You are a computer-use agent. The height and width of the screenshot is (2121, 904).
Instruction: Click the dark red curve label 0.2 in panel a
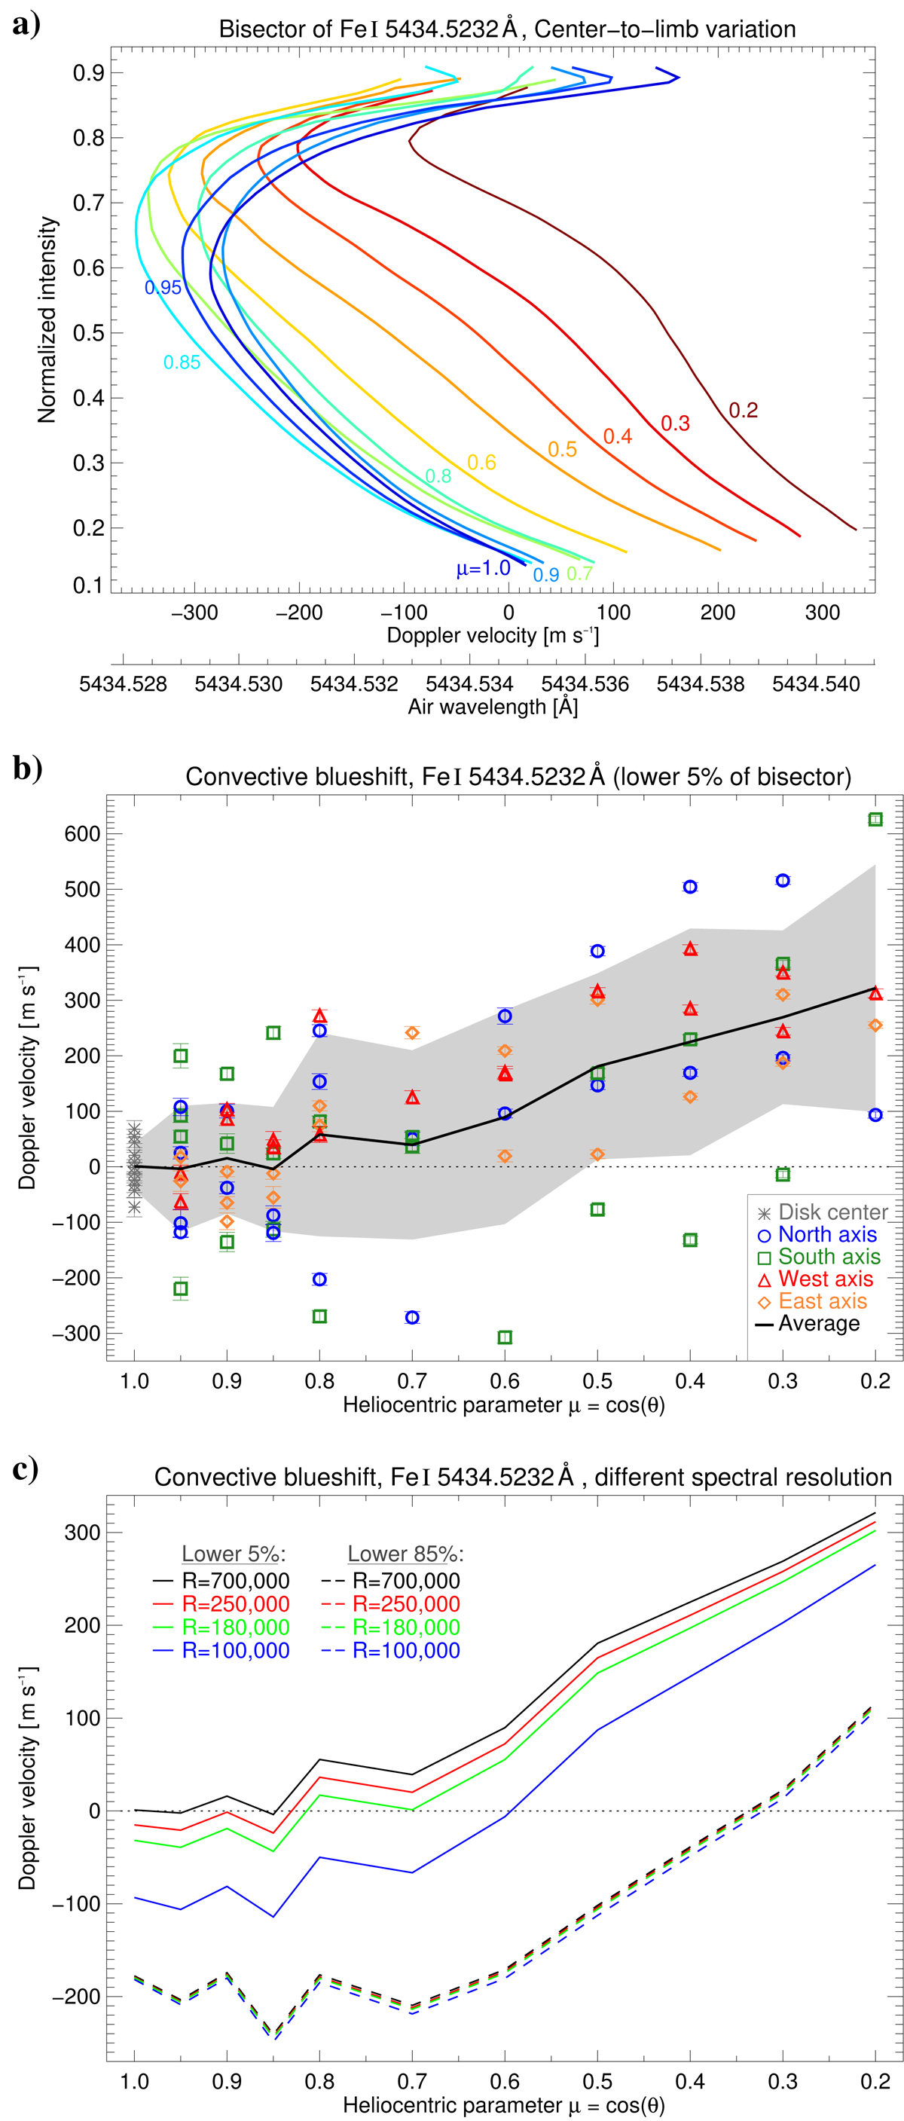coord(743,410)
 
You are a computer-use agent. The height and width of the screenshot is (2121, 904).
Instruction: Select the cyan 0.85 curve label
coord(181,362)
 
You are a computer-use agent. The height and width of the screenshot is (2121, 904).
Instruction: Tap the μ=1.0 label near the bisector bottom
coord(484,568)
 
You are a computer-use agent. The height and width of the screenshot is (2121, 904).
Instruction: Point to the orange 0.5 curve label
coord(562,450)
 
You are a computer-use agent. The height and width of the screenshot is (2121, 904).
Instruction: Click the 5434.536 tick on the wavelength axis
coord(585,684)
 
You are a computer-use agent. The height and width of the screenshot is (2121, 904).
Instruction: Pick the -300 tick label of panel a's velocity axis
coord(194,613)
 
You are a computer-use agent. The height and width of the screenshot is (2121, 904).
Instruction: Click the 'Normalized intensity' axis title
coord(47,319)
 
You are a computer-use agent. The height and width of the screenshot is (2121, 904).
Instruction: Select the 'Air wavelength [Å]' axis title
coord(493,708)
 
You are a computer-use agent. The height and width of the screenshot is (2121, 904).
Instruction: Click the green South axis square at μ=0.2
coord(875,819)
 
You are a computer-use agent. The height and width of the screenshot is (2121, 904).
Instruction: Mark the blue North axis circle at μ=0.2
coord(875,1115)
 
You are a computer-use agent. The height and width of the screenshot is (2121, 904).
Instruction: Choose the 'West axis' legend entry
coord(825,1279)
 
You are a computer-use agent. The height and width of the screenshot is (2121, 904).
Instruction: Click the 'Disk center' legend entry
coord(832,1212)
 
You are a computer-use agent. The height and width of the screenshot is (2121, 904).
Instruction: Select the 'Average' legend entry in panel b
coord(818,1323)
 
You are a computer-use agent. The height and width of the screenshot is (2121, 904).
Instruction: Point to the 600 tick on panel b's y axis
coord(82,834)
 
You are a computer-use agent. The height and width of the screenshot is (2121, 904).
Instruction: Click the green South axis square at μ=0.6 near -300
coord(505,1337)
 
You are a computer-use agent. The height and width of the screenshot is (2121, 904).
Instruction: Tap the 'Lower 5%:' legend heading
coord(234,1554)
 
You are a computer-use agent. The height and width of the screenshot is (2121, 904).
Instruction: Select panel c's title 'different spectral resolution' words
coord(743,1477)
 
